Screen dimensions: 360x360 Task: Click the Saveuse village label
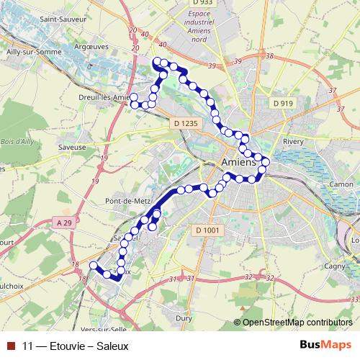point(73,146)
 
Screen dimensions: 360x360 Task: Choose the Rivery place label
point(294,142)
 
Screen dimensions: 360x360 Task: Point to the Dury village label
point(184,317)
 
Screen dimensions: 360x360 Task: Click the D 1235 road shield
point(185,124)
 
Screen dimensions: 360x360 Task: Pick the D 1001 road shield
point(207,230)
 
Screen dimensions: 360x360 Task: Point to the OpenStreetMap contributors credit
point(297,323)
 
